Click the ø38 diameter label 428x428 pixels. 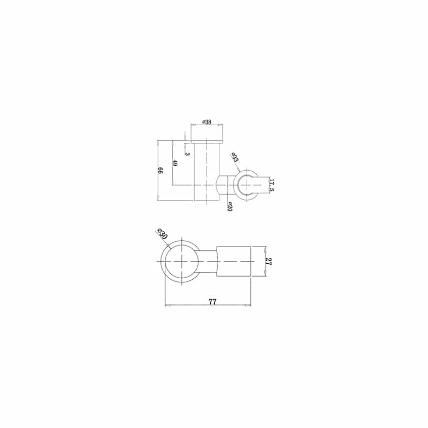[207, 122]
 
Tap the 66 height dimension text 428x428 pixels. [160, 171]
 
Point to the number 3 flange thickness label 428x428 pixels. [187, 154]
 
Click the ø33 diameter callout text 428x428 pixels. [234, 157]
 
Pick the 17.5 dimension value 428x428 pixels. [271, 185]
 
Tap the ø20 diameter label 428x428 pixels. [230, 207]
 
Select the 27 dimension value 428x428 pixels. [269, 262]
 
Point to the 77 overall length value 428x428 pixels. [212, 302]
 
